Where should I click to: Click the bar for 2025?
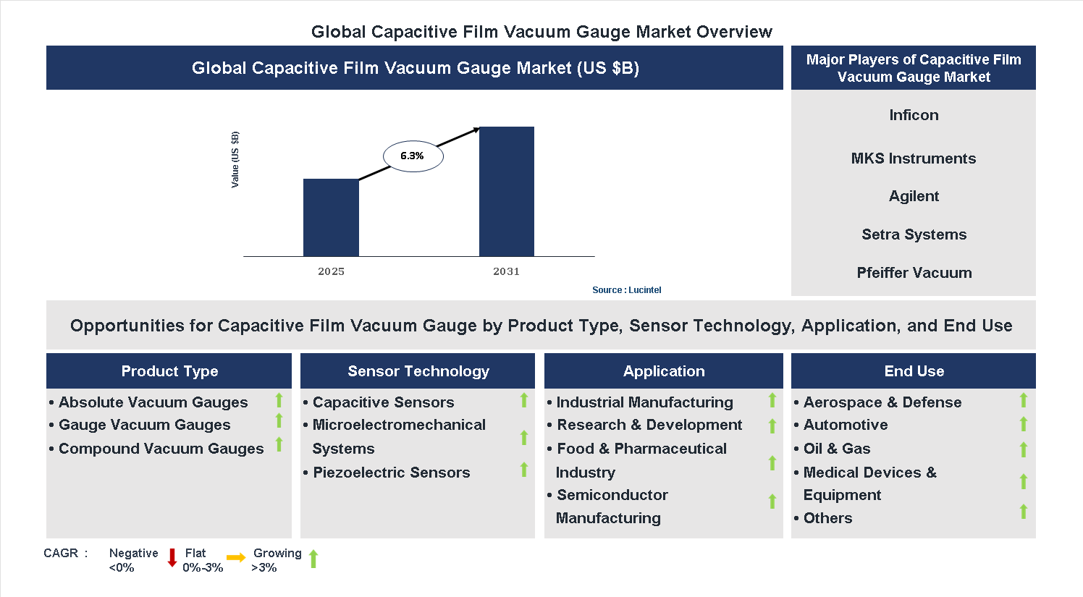point(331,217)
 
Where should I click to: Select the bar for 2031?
point(506,192)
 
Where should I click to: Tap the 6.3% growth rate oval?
point(413,156)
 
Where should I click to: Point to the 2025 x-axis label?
point(331,271)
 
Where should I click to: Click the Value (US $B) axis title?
point(235,160)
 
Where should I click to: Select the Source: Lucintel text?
point(626,290)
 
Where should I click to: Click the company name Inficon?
point(914,115)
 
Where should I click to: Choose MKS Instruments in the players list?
point(914,158)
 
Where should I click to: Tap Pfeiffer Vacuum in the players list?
point(914,273)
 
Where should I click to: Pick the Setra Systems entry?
point(914,234)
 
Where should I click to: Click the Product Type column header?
point(169,371)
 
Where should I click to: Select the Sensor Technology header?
point(418,371)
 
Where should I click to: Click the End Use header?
point(914,371)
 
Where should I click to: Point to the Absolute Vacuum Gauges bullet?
point(153,402)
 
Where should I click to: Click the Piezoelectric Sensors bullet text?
point(391,473)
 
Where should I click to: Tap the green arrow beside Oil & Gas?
point(1023,449)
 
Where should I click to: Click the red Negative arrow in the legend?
point(172,558)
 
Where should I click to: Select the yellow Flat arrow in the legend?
point(236,558)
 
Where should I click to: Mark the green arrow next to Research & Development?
point(772,426)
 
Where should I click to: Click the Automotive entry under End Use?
point(845,425)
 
